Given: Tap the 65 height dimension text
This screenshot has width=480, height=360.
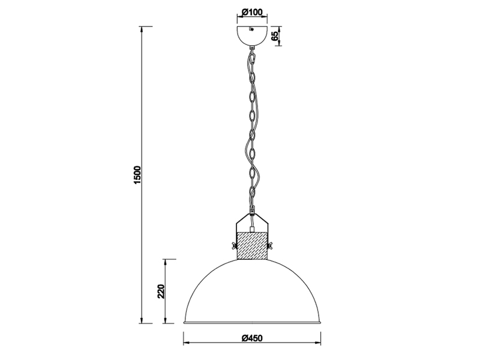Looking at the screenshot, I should (275, 35).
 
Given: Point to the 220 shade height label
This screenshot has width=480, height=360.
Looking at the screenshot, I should (161, 292).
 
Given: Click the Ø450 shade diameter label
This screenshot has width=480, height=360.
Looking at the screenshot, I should (253, 338).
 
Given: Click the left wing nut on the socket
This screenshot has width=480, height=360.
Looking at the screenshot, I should (232, 246).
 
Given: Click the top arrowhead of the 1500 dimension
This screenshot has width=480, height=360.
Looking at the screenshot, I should (142, 28).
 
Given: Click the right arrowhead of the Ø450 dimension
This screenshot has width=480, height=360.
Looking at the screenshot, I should (321, 343).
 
